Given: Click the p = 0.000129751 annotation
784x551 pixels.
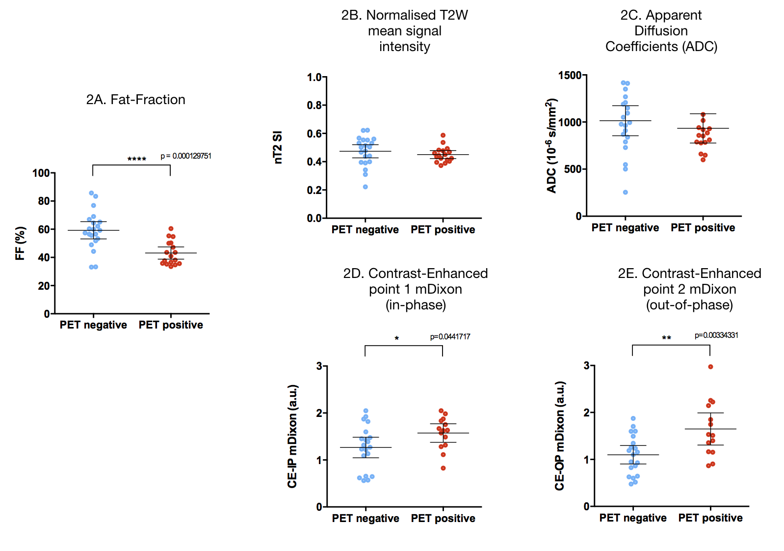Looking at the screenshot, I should [186, 156].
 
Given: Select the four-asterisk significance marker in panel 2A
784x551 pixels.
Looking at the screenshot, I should [137, 159].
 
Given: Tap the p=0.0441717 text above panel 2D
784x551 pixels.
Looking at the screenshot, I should [450, 337].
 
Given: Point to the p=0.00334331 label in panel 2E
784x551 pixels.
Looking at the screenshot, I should [716, 335].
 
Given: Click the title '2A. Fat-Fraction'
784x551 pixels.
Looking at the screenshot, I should [136, 100].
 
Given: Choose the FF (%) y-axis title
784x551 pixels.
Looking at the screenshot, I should [20, 243].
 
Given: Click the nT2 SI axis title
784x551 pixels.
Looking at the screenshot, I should [278, 147].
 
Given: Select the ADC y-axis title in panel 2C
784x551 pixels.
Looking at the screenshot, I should [552, 146].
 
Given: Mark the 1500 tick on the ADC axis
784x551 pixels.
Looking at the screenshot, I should [570, 75].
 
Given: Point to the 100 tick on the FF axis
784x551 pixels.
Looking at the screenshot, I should [41, 173].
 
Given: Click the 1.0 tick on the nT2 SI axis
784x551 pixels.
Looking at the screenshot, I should [314, 77].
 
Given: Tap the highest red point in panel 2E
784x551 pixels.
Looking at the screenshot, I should [710, 367].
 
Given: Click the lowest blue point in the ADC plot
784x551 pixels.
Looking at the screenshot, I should [626, 193].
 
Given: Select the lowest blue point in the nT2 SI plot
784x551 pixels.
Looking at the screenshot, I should [366, 187].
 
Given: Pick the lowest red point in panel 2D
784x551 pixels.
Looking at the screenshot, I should [443, 468].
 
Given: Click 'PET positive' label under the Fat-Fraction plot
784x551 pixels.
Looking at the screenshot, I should [171, 325].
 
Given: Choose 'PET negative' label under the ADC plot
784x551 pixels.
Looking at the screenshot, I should [625, 228].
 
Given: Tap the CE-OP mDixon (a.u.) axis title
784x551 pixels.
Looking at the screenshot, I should [560, 436].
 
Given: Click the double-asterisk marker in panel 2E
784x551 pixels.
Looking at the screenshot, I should [666, 338].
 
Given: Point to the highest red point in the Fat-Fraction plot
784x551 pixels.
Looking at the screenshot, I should [171, 229].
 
